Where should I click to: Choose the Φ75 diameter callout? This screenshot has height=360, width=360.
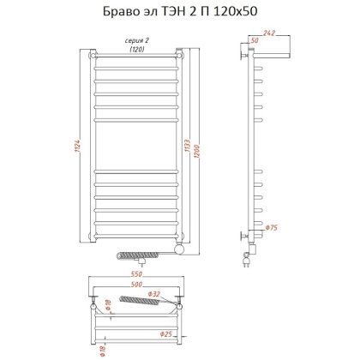pyautogui.click(x=272, y=228)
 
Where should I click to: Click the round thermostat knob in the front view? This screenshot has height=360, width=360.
pyautogui.click(x=177, y=249)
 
